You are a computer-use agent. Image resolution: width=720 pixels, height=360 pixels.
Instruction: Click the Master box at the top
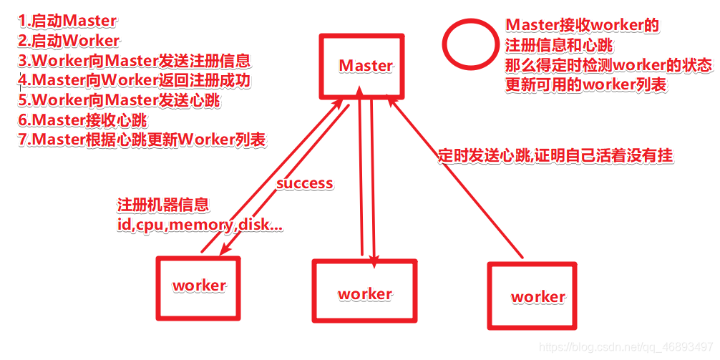click(365, 66)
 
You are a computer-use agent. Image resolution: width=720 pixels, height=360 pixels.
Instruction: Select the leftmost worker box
click(199, 286)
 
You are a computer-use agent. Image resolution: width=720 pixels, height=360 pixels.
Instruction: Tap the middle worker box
click(364, 294)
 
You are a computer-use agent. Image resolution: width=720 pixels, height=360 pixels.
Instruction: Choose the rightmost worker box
click(537, 296)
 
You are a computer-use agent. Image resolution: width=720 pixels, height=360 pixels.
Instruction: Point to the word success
click(305, 183)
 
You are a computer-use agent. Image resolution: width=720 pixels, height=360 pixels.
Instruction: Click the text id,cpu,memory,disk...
click(200, 225)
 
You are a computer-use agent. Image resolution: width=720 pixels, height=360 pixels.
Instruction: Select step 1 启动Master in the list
click(67, 21)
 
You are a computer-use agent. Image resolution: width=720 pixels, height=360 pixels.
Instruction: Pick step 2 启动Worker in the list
click(69, 40)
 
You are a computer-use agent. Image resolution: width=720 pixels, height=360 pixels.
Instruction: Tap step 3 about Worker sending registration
click(135, 60)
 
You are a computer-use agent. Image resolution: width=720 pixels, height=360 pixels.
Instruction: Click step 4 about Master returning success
click(135, 80)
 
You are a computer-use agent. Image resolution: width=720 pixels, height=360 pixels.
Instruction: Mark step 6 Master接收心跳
click(85, 120)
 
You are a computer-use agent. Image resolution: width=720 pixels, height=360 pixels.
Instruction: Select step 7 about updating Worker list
click(142, 140)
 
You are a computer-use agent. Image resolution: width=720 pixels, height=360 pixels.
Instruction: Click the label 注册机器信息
click(163, 205)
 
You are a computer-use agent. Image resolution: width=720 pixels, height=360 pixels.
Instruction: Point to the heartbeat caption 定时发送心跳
click(555, 155)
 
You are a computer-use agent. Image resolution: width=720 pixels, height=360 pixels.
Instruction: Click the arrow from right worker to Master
click(458, 180)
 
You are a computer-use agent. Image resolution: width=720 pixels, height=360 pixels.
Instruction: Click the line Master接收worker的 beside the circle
click(581, 25)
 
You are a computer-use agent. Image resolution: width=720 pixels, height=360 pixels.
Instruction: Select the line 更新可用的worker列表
click(585, 84)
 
